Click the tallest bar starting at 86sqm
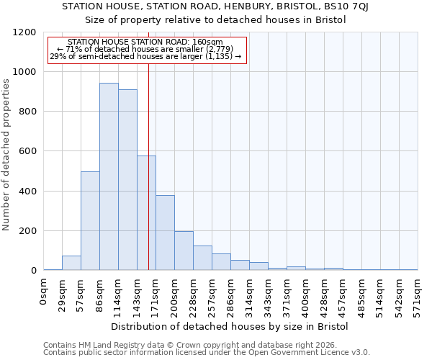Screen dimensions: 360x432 coord(109,176)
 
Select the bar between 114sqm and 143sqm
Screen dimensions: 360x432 coord(127,180)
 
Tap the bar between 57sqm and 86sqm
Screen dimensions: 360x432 coord(90,221)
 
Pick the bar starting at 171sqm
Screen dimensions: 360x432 coord(165,233)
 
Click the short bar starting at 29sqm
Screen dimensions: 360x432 coord(71,263)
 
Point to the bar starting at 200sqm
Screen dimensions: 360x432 coord(184,251)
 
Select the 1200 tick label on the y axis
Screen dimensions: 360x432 coord(24,32)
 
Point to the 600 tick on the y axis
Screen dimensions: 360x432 coord(27,151)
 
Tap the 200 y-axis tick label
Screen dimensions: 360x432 coord(27,231)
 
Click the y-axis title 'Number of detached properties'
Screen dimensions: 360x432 coord(6,155)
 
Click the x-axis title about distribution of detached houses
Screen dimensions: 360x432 coord(230,326)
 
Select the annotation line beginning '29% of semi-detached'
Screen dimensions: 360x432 coord(145,56)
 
